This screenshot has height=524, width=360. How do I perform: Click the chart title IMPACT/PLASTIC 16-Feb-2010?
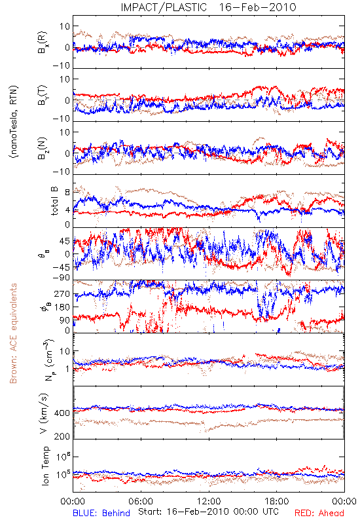coord(208,7)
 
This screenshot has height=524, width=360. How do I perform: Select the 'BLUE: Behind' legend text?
coord(101,513)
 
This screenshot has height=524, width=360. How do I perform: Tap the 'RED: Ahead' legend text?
coord(319,513)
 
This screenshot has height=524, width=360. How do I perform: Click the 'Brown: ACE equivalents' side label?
coord(13,333)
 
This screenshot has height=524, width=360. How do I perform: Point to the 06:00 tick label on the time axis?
coord(141,501)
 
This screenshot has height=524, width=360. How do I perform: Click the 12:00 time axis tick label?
coord(209,501)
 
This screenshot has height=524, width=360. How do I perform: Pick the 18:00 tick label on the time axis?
coord(277,501)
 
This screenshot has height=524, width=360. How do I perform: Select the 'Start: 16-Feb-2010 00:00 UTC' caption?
coord(208,512)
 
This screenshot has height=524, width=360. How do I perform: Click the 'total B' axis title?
coord(54,201)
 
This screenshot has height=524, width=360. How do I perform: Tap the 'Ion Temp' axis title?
coord(45,466)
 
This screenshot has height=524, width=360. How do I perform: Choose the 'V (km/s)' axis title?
coord(45,413)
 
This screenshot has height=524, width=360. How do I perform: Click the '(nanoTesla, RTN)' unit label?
coord(14,122)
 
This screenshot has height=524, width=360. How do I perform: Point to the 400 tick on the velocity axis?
coord(62,413)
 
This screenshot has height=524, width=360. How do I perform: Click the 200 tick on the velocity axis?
coord(62,436)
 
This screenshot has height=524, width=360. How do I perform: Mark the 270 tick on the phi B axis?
coord(62,293)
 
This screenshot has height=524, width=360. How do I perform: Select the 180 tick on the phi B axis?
coord(62,307)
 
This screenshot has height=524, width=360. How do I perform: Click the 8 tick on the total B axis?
coord(67,193)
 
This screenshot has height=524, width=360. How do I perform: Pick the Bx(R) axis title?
coord(43,43)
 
